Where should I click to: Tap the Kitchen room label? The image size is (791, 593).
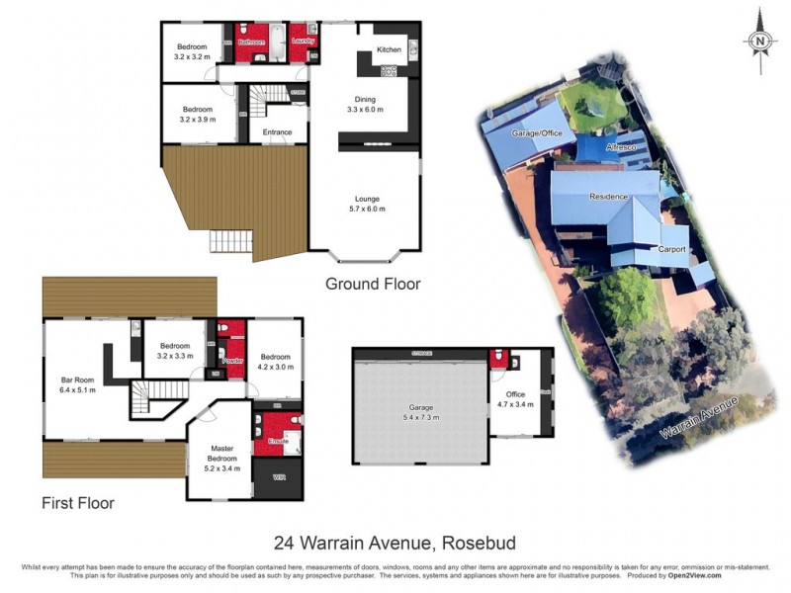point(388,48)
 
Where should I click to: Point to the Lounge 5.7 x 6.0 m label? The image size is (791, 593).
point(367,205)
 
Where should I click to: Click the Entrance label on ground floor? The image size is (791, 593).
point(277,131)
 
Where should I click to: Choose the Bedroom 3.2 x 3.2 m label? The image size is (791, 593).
point(192,52)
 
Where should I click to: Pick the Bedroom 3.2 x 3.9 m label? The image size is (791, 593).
point(196,114)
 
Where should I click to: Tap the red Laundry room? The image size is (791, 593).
point(304,42)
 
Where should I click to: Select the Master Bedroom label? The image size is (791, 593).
point(221,458)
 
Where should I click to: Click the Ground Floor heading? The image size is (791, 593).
point(373,284)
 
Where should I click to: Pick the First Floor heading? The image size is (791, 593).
point(78,503)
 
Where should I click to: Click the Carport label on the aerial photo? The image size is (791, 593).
point(672,250)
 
